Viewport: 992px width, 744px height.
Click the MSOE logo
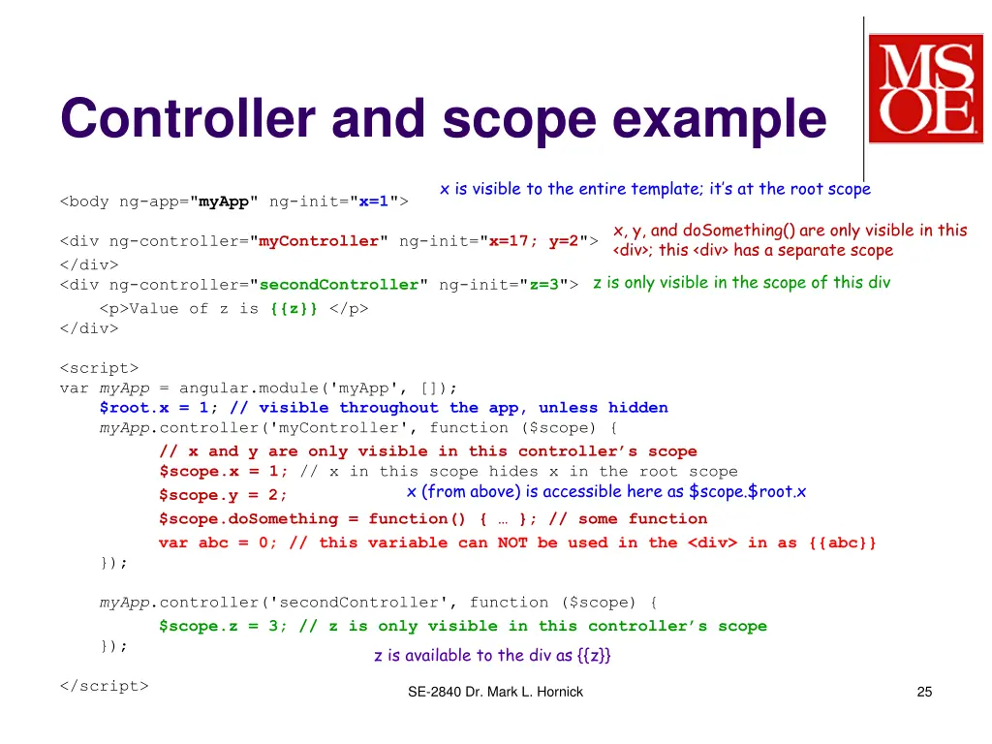(924, 89)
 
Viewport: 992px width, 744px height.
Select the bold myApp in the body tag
(224, 201)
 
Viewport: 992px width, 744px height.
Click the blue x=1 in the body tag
(373, 201)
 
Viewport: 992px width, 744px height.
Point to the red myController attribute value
(319, 241)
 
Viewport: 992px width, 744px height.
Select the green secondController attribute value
(338, 284)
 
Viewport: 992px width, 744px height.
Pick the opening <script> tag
(99, 367)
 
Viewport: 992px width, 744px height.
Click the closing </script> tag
(104, 685)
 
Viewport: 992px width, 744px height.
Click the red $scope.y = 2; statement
(223, 495)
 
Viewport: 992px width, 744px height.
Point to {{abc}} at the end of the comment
(841, 542)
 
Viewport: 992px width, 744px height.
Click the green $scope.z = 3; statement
(223, 626)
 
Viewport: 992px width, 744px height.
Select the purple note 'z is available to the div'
(492, 656)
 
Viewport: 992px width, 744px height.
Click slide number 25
(923, 692)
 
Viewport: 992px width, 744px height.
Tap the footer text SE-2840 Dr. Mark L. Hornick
(495, 692)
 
